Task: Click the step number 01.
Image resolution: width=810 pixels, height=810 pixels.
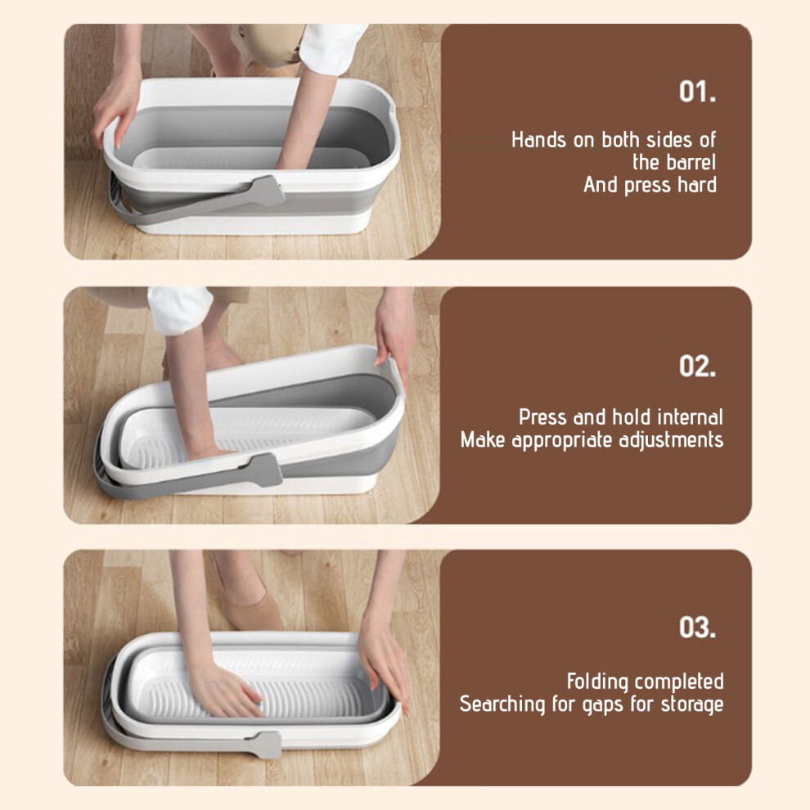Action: click(x=697, y=92)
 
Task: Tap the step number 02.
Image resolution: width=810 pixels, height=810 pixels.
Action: click(x=697, y=367)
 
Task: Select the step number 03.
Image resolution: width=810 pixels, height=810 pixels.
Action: click(x=697, y=627)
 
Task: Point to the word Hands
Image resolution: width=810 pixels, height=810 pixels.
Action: click(x=539, y=140)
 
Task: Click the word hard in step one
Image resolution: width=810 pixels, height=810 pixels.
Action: click(x=697, y=185)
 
